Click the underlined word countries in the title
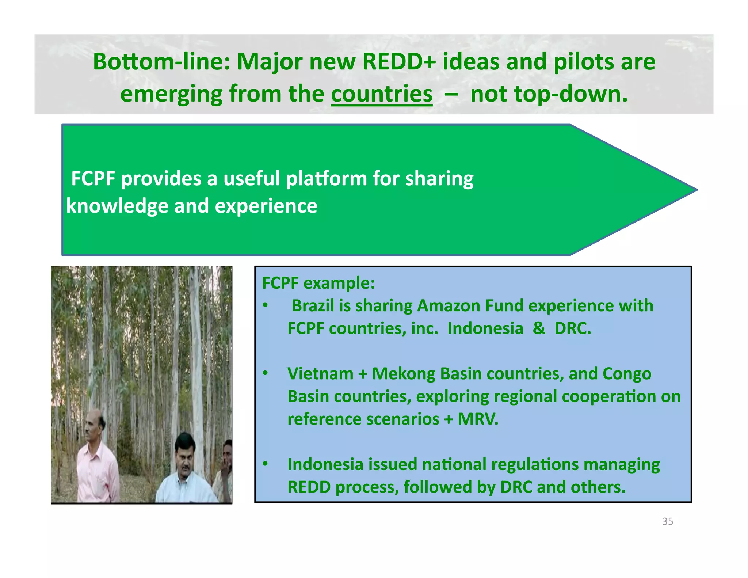(x=382, y=94)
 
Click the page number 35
(x=667, y=521)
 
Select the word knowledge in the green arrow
(x=117, y=206)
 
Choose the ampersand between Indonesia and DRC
(x=539, y=328)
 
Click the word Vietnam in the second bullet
(x=320, y=374)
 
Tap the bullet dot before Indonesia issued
(x=266, y=464)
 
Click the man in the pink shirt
(x=96, y=464)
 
